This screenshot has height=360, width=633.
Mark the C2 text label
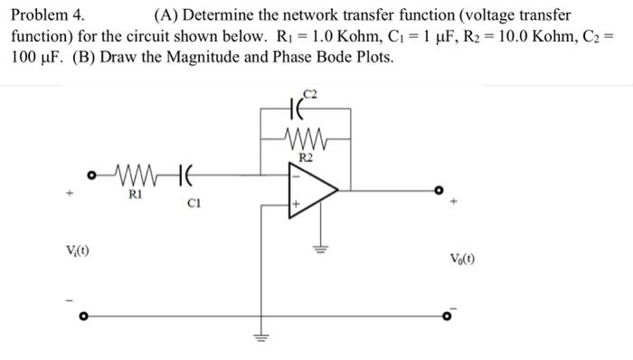pos(312,93)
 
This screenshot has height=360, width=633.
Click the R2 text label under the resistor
pos(305,157)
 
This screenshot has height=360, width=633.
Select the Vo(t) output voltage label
pos(460,257)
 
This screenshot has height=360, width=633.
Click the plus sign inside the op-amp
pos(294,207)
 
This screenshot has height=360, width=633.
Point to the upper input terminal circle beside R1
pos(90,171)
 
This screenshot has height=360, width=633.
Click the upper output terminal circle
pos(439,191)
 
